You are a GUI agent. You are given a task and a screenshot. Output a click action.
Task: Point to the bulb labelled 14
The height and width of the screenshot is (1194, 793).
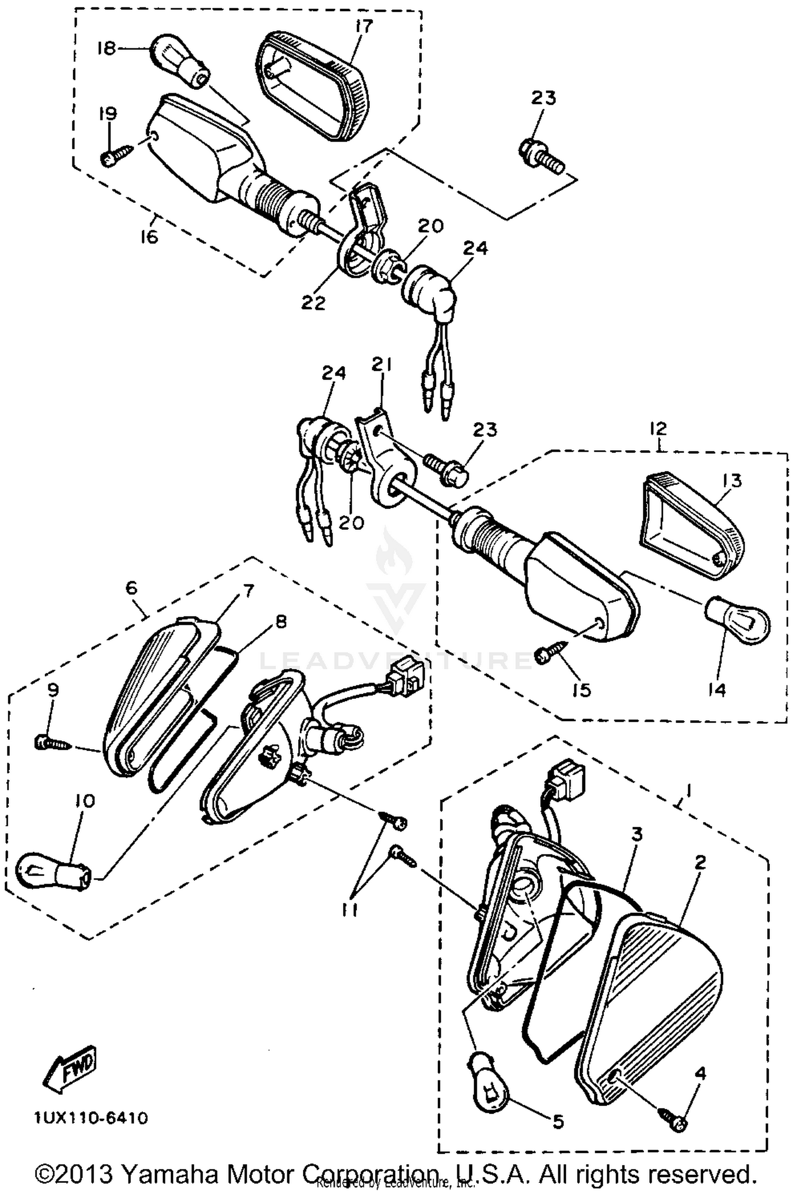point(738,619)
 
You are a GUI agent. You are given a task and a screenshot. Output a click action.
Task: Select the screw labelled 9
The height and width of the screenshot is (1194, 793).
point(52,743)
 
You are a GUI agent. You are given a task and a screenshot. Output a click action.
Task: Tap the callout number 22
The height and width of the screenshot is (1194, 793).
point(313,303)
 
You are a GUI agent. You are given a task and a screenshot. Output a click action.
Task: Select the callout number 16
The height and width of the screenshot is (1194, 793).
point(150,237)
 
